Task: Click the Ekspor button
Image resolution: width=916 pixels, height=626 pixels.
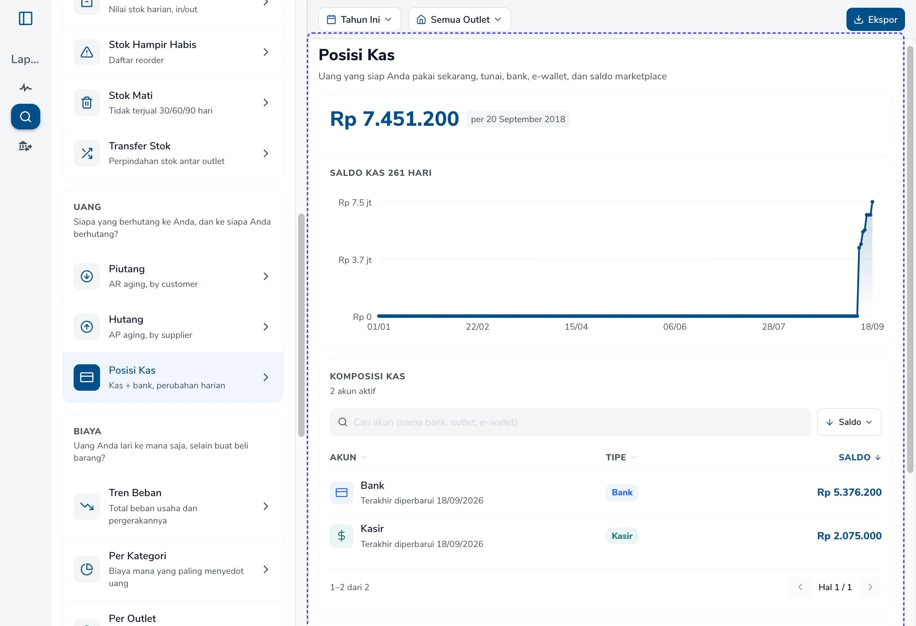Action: click(875, 20)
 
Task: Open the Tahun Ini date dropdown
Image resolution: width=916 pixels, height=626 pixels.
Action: click(360, 20)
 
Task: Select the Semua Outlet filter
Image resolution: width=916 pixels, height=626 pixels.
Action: click(459, 20)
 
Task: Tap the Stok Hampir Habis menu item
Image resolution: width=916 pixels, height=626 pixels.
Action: click(173, 52)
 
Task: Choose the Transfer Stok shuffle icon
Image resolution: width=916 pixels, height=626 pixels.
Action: click(87, 153)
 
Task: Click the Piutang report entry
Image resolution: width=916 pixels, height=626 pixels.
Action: click(173, 276)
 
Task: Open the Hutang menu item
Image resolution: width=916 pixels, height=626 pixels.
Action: click(173, 327)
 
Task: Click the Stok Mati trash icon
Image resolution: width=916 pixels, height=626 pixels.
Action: click(87, 103)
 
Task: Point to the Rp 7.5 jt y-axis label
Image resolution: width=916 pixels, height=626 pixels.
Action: click(355, 203)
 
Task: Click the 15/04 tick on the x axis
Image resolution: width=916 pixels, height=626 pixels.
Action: click(576, 327)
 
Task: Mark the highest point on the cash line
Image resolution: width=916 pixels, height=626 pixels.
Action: click(872, 202)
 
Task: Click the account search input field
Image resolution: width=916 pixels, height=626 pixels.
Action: click(570, 422)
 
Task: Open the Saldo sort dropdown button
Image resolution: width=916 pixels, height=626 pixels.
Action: click(849, 422)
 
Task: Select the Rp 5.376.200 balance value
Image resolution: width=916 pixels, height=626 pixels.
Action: click(849, 492)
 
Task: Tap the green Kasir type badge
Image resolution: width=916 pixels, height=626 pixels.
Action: click(622, 536)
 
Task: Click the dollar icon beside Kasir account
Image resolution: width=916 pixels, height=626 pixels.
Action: click(342, 536)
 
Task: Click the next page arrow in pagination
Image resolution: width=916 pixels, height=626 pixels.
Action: click(870, 587)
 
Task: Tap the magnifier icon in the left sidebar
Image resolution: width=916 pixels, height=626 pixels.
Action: click(26, 117)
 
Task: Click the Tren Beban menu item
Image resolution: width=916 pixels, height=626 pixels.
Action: click(173, 506)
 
